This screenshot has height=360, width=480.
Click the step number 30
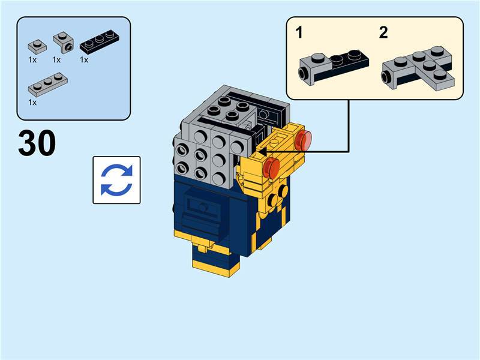[37, 143]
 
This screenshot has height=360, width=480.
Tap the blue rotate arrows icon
[116, 180]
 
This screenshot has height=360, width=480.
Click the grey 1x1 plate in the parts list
[37, 47]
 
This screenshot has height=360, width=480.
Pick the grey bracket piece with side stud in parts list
[64, 42]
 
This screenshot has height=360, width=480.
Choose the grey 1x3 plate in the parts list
[48, 84]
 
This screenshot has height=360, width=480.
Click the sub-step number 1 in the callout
[299, 32]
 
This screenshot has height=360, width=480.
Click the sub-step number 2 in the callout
[383, 32]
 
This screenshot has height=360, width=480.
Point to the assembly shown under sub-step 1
[334, 67]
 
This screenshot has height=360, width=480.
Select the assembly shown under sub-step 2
[418, 68]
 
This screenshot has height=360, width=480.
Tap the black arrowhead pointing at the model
[262, 151]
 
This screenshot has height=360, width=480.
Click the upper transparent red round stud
[303, 140]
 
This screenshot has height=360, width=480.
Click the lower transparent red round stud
[271, 168]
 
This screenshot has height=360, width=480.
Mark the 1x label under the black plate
[84, 59]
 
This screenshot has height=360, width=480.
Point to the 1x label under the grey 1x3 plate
[32, 102]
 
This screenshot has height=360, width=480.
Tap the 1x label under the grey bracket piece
[56, 59]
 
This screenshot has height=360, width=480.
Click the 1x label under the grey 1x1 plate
[32, 59]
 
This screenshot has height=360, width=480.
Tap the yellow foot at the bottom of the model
[215, 268]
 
